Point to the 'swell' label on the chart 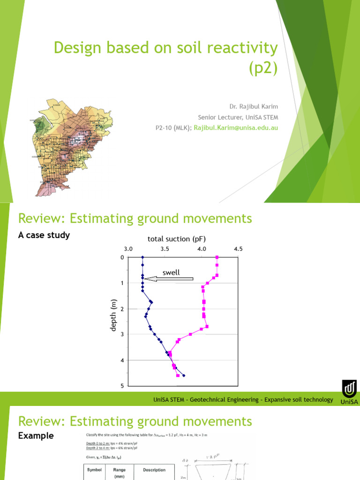[x=171, y=273]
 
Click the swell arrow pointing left [x=169, y=279]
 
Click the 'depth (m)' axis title [x=113, y=315]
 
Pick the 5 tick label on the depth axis [x=122, y=386]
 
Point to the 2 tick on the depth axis [x=122, y=309]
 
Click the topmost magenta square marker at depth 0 [x=217, y=257]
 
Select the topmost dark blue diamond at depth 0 [x=142, y=257]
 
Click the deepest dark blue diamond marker [x=184, y=375]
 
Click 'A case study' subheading [x=44, y=235]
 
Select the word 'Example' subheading [x=36, y=436]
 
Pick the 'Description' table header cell [x=154, y=470]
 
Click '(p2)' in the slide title [x=262, y=68]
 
